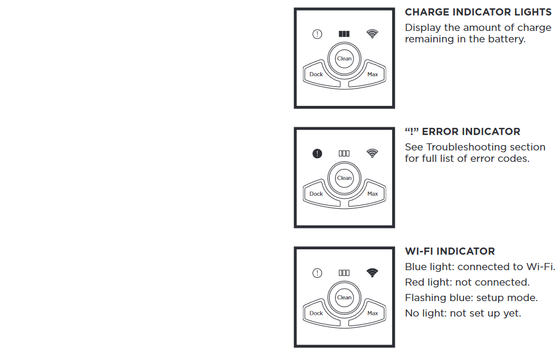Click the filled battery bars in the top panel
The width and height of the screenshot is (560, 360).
point(344,34)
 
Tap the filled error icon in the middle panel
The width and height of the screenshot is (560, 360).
point(317,154)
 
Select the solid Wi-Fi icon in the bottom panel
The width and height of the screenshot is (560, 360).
point(372,273)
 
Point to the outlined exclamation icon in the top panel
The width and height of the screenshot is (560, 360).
point(317,34)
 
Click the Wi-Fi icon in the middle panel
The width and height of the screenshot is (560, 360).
point(372,153)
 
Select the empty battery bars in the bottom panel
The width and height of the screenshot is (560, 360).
point(344,273)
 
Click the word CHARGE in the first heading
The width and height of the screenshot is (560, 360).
point(427,12)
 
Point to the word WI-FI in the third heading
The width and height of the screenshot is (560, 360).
point(420,252)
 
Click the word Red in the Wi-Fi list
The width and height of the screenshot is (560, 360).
point(414,282)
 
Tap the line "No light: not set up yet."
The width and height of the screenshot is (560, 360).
point(463,313)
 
